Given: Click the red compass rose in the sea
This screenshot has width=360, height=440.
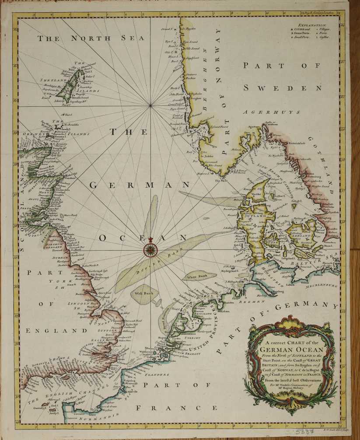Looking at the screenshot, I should (x=150, y=250).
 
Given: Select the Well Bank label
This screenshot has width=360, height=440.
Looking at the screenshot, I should (x=143, y=293).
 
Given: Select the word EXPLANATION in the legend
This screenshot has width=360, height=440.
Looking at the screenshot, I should (x=313, y=26).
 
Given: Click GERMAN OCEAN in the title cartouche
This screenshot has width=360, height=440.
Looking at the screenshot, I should (x=292, y=349).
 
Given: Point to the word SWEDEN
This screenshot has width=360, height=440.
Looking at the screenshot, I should (x=289, y=87).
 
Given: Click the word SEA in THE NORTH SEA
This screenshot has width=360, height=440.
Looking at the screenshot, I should (x=132, y=38).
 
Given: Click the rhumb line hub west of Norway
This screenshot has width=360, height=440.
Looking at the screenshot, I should (x=150, y=105).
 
